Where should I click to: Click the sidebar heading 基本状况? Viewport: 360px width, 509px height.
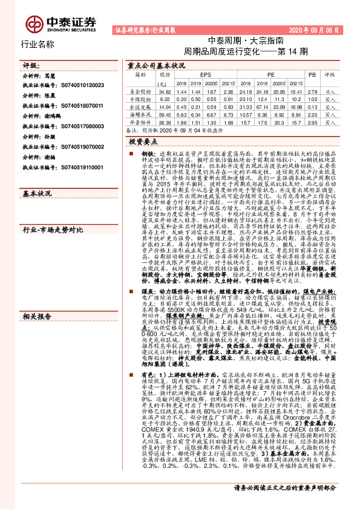[36, 193]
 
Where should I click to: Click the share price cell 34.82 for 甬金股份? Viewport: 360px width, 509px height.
[164, 91]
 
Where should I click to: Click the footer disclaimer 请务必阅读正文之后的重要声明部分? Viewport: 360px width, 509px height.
[293, 503]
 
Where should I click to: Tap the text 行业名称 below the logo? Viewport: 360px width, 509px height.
[38, 44]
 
